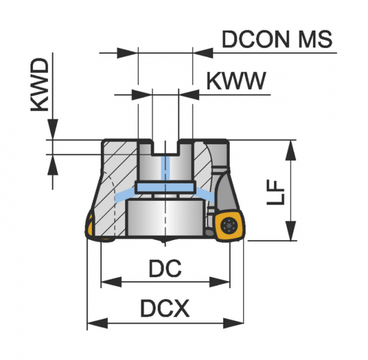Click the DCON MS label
(x=277, y=40)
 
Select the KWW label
(x=235, y=81)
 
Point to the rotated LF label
(x=276, y=191)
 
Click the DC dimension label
(x=164, y=269)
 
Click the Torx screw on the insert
(x=229, y=226)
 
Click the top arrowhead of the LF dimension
(x=291, y=149)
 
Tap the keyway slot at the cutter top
(x=165, y=148)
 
